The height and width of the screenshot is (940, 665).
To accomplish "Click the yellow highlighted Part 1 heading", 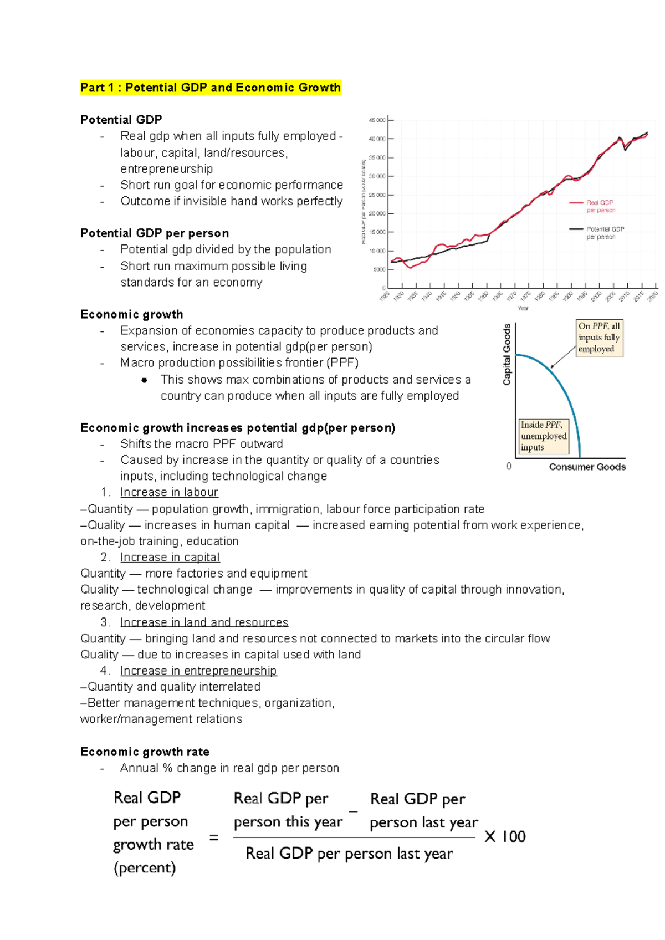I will pyautogui.click(x=210, y=88).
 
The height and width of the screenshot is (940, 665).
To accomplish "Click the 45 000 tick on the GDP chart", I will pyautogui.click(x=377, y=120).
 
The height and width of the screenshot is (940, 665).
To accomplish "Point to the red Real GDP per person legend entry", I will pyautogui.click(x=593, y=206).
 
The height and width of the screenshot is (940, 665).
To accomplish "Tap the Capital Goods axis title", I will pyautogui.click(x=507, y=355).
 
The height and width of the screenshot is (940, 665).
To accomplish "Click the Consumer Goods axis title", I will pyautogui.click(x=587, y=467).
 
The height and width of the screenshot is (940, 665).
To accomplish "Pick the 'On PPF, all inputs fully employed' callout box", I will pyautogui.click(x=599, y=338).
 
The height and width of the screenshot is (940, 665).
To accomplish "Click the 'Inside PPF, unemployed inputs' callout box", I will pyautogui.click(x=543, y=436).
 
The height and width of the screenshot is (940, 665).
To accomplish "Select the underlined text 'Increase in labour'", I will pyautogui.click(x=169, y=492).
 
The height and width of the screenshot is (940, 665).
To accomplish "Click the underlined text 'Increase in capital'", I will pyautogui.click(x=170, y=557).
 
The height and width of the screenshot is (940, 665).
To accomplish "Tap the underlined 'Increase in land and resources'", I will pyautogui.click(x=204, y=622).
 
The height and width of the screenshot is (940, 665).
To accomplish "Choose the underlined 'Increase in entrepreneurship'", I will pyautogui.click(x=198, y=671).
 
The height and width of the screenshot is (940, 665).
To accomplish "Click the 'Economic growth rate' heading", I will pyautogui.click(x=145, y=752).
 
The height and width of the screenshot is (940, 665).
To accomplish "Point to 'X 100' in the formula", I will pyautogui.click(x=505, y=836).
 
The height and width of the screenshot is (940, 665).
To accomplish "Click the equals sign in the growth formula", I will pyautogui.click(x=214, y=837).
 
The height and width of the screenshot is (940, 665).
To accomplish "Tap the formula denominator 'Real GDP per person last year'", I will pyautogui.click(x=349, y=854).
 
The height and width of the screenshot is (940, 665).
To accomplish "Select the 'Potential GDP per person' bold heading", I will pyautogui.click(x=155, y=233).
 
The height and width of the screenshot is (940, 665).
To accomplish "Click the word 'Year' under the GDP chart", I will pyautogui.click(x=523, y=308).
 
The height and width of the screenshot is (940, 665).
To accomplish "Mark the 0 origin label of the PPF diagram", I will pyautogui.click(x=509, y=466).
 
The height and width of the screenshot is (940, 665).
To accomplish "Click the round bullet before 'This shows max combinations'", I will pyautogui.click(x=145, y=380).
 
